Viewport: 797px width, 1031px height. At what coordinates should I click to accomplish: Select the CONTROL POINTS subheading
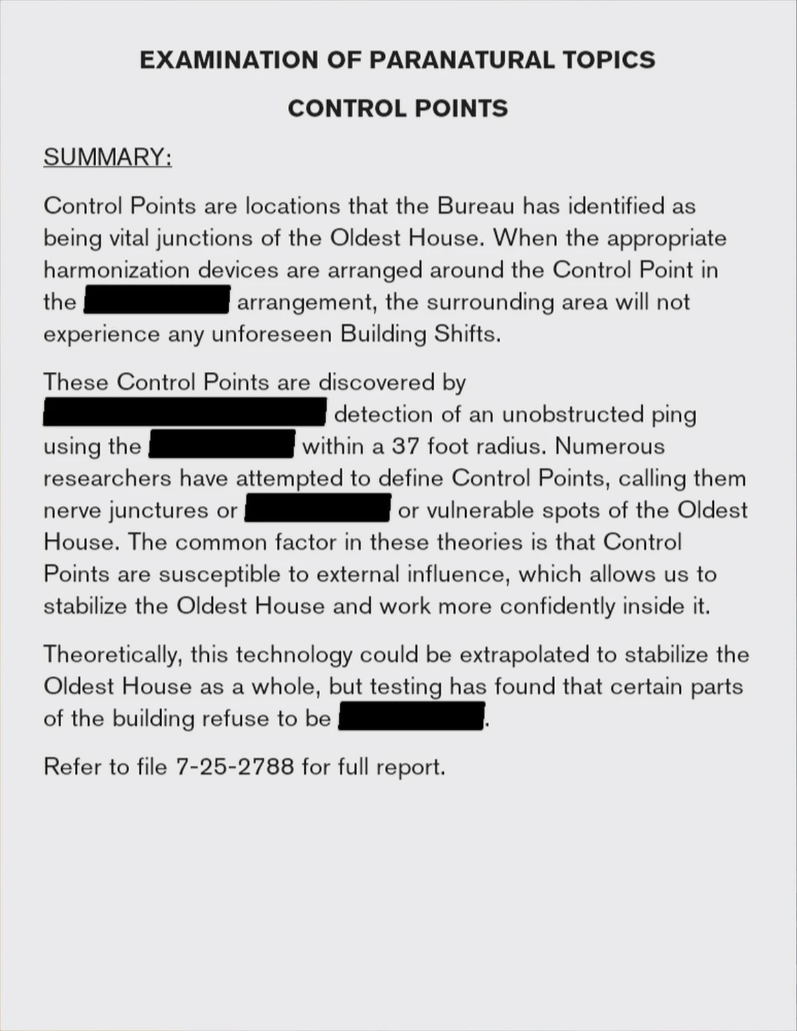[398, 109]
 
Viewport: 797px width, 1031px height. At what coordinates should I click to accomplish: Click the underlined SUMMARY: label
[107, 157]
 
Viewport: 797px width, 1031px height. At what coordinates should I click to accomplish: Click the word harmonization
[116, 269]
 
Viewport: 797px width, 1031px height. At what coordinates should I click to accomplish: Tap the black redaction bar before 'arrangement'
[157, 302]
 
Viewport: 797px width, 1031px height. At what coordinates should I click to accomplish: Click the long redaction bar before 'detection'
[184, 414]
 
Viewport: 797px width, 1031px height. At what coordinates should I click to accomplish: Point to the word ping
[674, 414]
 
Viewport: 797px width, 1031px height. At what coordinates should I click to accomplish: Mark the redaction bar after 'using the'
[222, 445]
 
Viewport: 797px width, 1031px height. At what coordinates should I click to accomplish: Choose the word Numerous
[609, 446]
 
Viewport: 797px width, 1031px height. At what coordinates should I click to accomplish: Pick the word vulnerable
[480, 510]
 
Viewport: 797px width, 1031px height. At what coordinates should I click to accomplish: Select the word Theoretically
[113, 654]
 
